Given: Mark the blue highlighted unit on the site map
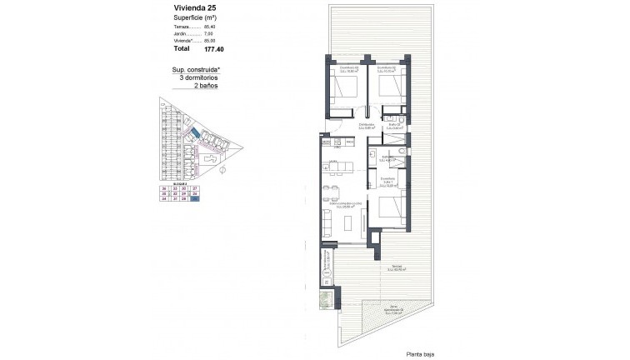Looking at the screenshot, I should (x=194, y=134).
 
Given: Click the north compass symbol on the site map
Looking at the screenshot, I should (x=222, y=168).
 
